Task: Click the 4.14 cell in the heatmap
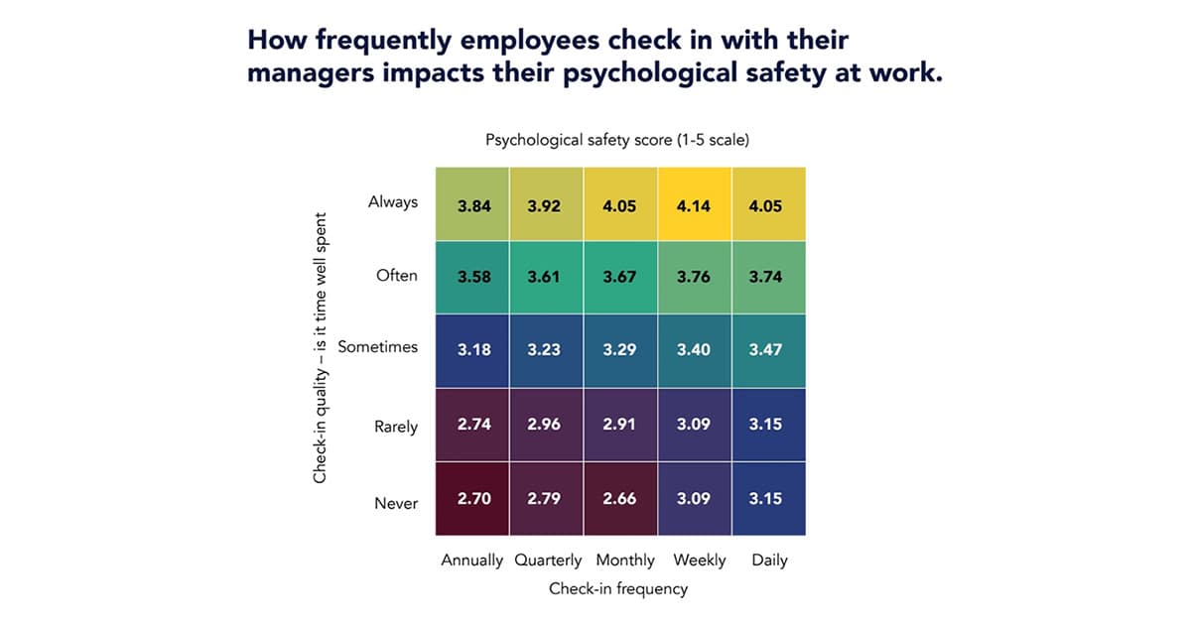coord(695,205)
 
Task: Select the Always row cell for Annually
coord(473,205)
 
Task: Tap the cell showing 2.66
coord(620,498)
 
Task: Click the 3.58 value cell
coord(473,278)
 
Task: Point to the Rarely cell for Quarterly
coord(547,425)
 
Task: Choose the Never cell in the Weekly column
coord(695,498)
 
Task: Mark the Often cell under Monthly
coord(620,278)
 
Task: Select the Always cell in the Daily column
coord(768,205)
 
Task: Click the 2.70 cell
coord(473,498)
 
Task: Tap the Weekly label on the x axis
coord(699,561)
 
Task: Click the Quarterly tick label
coord(548,561)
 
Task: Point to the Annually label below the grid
coord(472,561)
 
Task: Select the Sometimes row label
coord(377,347)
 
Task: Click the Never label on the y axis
coord(396,503)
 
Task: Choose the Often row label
coord(397,275)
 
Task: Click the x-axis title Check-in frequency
coord(618,588)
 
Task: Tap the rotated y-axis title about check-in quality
coord(321,353)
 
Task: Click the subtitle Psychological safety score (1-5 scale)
coord(617,140)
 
